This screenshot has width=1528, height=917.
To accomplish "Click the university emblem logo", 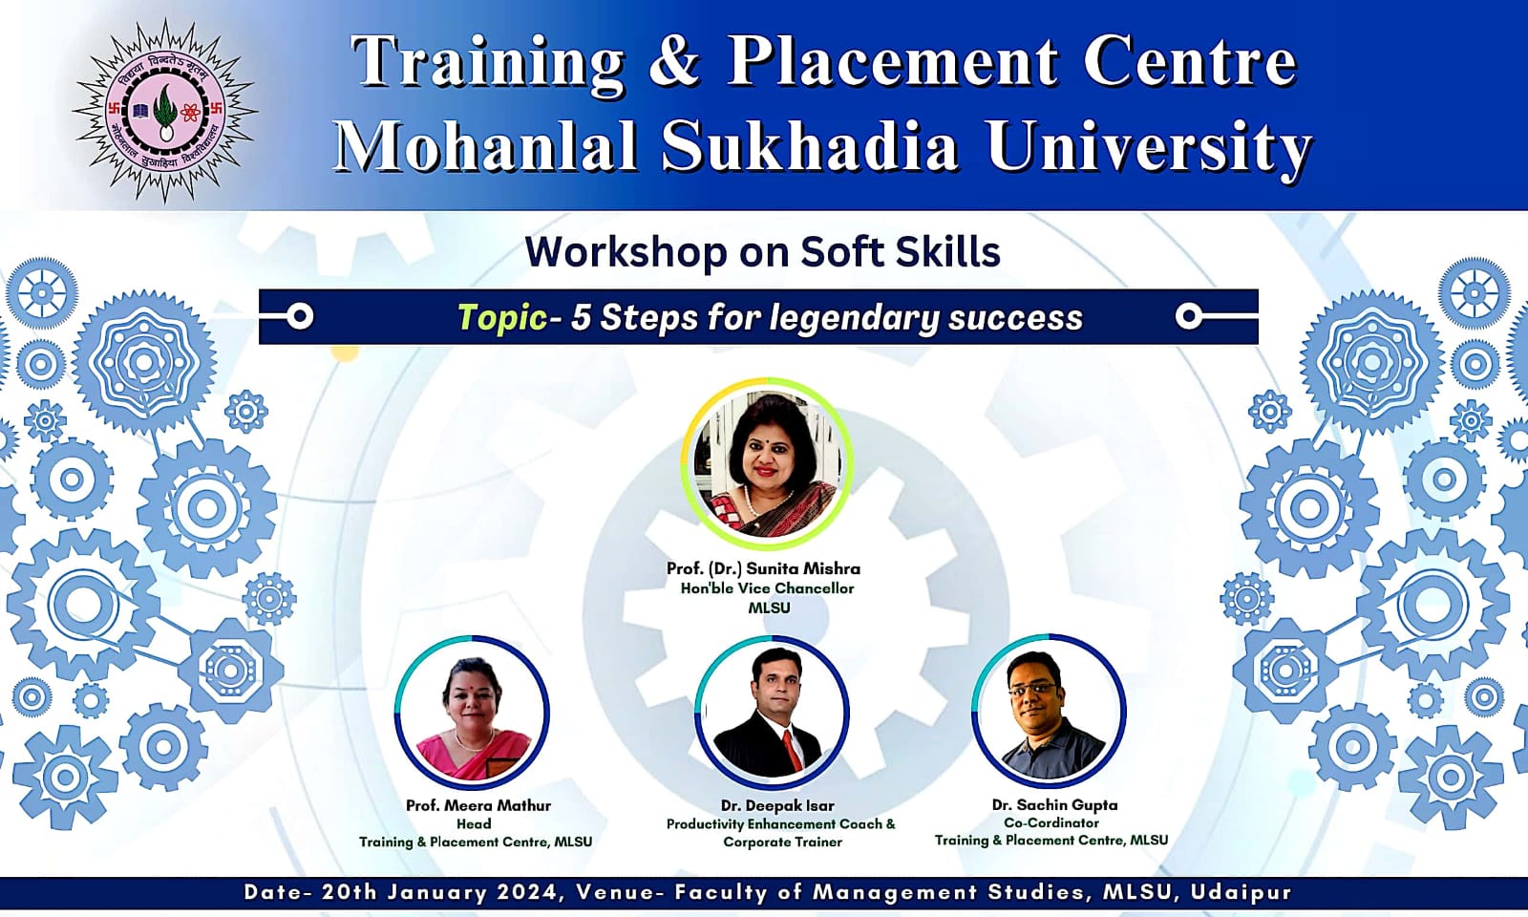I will pos(165,111).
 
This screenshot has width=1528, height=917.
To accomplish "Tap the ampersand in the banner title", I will pos(673,61).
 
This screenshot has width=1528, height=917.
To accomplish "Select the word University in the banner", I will pos(1149,147).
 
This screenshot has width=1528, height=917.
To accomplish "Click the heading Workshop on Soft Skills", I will pos(762,252).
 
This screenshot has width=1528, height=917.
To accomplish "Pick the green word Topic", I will pos(501,317).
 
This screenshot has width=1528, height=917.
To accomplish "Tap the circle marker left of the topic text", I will pos(300,316).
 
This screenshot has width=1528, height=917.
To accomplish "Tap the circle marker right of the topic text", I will pos(1188,316).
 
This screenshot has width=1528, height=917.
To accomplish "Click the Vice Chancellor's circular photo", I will pos(767,462).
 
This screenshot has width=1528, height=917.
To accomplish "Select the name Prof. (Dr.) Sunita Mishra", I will pos(763,568).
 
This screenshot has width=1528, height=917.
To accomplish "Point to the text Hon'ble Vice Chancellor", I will pos(767,588).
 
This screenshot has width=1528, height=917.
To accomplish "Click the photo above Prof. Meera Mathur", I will pos(472,713).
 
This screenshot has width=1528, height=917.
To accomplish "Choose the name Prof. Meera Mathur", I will pos(477,805).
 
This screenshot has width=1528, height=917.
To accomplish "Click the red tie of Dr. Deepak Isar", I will pos(790,749).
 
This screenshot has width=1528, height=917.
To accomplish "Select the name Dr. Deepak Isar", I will pos(777,805).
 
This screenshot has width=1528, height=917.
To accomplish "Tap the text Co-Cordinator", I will pos(1050,822).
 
